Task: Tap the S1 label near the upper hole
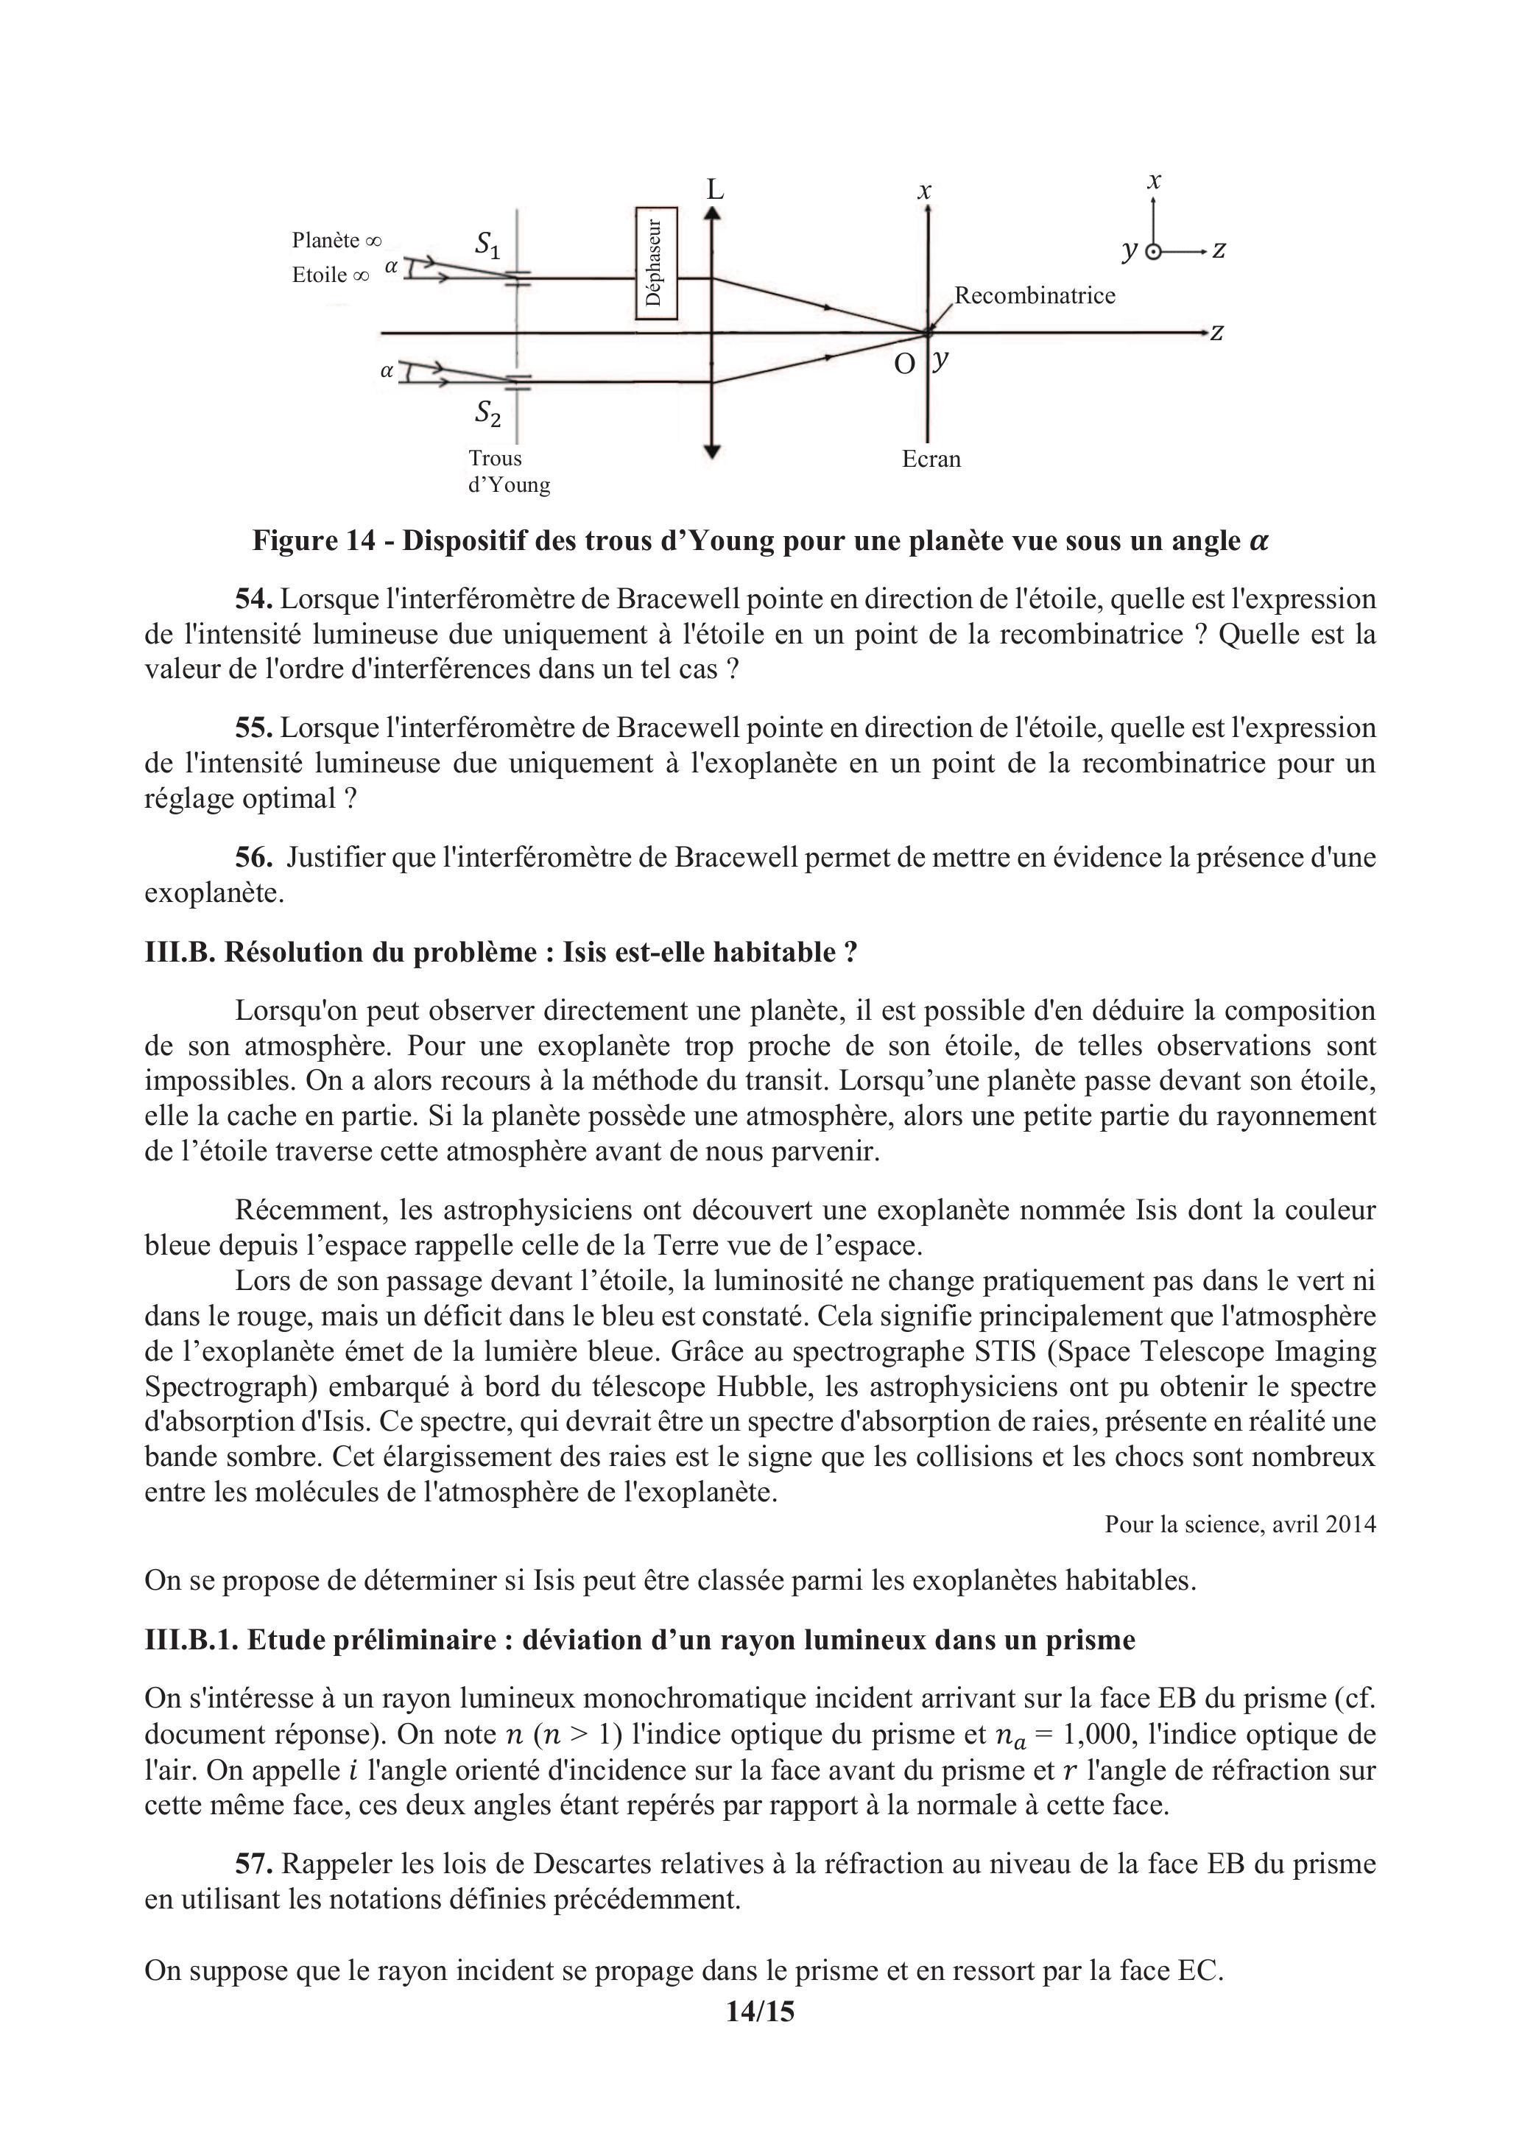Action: point(487,246)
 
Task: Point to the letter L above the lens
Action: point(716,191)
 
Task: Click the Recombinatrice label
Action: point(1035,295)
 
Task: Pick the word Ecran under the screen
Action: point(931,459)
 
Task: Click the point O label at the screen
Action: point(904,364)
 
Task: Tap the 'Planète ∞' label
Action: point(337,240)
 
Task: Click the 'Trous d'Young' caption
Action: point(508,472)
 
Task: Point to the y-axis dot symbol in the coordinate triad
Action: point(1155,251)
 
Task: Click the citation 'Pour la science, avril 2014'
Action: point(1240,1523)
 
